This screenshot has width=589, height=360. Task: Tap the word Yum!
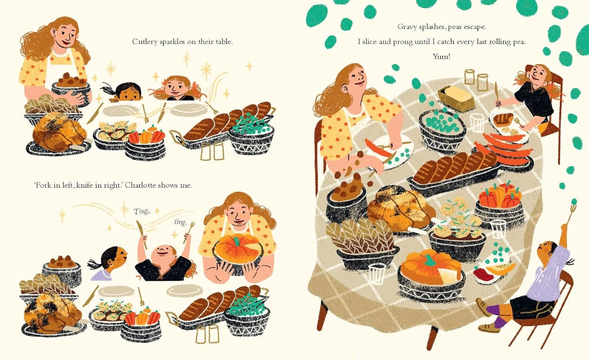441,56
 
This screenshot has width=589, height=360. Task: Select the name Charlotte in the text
140,185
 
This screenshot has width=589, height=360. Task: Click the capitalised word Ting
141,211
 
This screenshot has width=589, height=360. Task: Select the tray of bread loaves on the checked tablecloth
454,174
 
